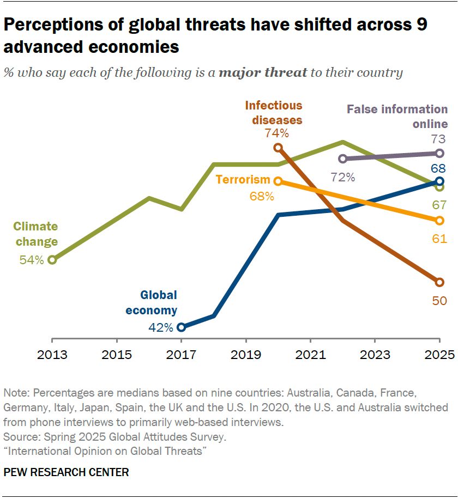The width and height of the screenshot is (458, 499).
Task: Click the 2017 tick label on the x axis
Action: [x=182, y=355]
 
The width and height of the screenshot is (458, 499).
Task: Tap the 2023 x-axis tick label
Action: [x=375, y=355]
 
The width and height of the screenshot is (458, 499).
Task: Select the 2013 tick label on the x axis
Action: [x=52, y=355]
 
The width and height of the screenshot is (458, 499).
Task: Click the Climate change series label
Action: [x=35, y=234]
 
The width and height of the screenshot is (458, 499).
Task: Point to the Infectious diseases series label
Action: [x=273, y=113]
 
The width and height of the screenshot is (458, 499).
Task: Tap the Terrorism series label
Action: [x=243, y=180]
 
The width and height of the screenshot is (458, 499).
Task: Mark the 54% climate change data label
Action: [x=31, y=260]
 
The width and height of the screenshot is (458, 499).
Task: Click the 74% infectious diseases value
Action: [x=276, y=132]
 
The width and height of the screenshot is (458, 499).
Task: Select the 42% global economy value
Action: [x=161, y=327]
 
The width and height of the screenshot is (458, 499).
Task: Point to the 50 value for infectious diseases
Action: [x=439, y=300]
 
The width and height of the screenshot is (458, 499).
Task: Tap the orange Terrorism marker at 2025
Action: [x=440, y=220]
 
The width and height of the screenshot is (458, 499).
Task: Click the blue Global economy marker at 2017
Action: [x=182, y=327]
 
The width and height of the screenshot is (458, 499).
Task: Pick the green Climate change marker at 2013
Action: [x=52, y=260]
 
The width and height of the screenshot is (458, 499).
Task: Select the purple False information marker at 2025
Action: [x=440, y=154]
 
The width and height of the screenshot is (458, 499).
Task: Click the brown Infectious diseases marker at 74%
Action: [x=278, y=148]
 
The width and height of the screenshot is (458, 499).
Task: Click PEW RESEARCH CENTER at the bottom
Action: [x=67, y=472]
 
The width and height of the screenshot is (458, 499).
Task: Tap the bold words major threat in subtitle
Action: [x=263, y=72]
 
